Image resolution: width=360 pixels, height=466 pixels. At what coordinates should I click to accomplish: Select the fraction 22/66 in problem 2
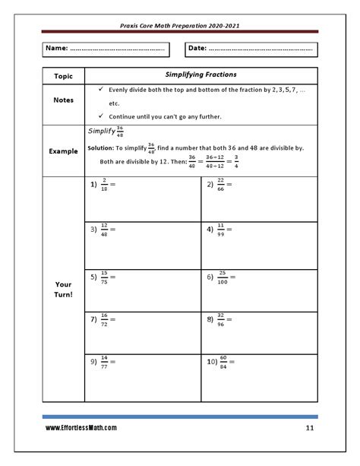point(220,185)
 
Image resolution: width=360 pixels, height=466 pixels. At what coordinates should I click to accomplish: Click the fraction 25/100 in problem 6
point(223,277)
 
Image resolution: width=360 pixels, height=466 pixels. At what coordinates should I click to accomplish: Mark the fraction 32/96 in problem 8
point(221,320)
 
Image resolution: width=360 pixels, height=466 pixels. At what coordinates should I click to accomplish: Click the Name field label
point(57,49)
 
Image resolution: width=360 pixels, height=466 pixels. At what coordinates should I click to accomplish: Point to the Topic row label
point(63,77)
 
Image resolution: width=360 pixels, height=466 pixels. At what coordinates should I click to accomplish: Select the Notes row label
point(63,100)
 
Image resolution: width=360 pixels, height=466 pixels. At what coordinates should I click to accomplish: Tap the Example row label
point(63,151)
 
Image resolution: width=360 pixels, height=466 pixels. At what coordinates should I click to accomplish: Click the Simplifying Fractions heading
point(201,74)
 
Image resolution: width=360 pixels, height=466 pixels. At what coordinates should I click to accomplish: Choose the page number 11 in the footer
point(310,428)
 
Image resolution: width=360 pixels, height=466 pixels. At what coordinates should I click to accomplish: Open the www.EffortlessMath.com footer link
point(81,428)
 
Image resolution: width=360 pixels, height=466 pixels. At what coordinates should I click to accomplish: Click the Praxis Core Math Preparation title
point(180,25)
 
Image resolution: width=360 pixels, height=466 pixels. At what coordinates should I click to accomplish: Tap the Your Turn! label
point(63,290)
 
